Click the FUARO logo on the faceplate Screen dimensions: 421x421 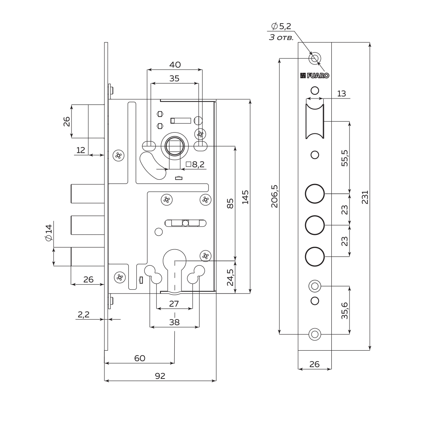314,76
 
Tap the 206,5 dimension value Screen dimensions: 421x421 274,196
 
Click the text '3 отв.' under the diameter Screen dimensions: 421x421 281,37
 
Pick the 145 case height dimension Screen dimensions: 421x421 245,197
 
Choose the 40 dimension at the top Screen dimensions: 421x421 175,65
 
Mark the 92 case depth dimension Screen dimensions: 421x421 160,376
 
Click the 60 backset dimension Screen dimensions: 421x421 139,358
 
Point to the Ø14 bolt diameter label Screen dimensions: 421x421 48,233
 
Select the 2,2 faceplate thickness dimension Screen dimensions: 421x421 83,314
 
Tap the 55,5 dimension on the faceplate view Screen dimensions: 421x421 345,158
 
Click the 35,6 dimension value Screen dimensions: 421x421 345,310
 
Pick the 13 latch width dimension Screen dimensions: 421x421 341,93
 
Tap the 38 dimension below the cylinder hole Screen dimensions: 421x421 174,322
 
